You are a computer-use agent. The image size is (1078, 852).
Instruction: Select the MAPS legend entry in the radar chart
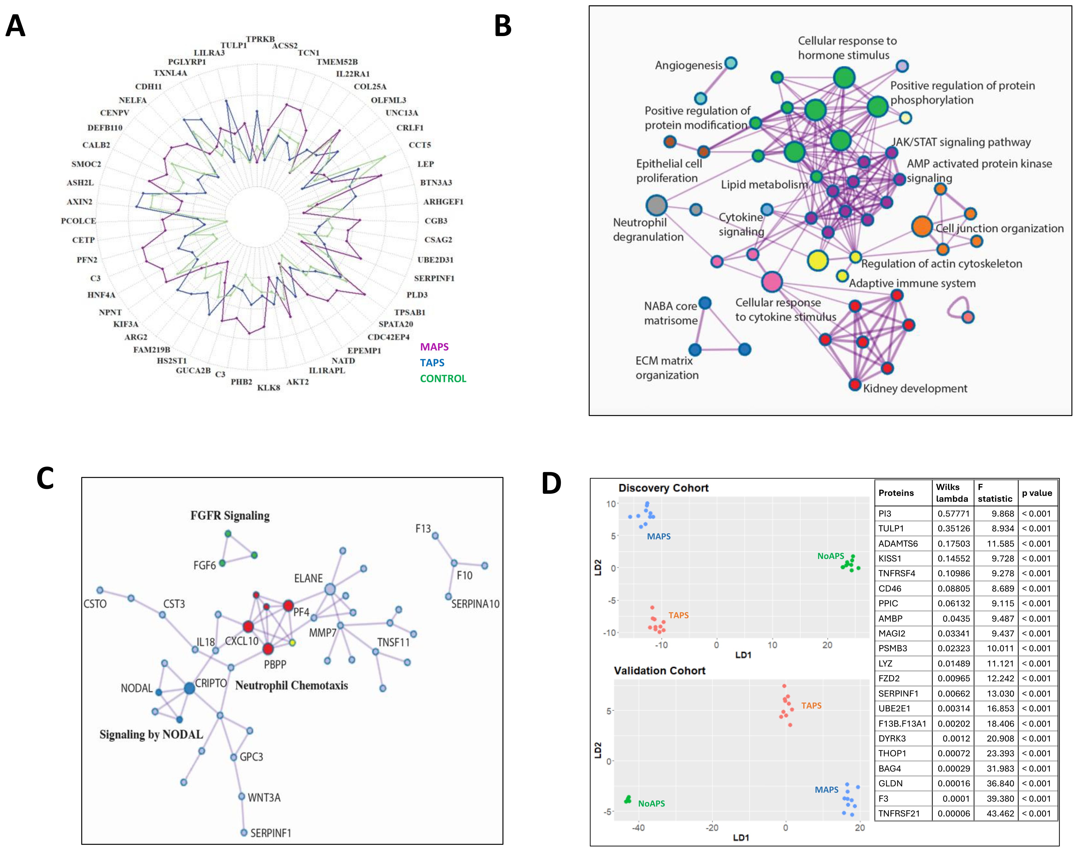(x=434, y=347)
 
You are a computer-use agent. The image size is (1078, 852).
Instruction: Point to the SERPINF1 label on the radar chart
(x=434, y=278)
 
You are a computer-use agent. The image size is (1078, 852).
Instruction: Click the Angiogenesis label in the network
(x=688, y=65)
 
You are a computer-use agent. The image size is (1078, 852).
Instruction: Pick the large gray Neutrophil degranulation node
(x=657, y=205)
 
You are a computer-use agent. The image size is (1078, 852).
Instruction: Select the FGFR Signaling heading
(x=230, y=515)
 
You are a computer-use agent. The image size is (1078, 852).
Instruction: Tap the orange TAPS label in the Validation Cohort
(x=811, y=705)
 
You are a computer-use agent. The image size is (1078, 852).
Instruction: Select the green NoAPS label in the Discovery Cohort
(x=831, y=556)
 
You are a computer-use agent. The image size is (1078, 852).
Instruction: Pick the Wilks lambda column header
(x=952, y=493)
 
